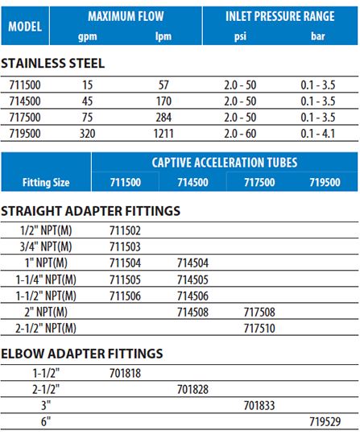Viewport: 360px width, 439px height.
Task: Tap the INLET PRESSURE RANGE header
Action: point(276,16)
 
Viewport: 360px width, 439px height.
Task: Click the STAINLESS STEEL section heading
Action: point(52,64)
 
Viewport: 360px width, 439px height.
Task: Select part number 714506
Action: point(192,295)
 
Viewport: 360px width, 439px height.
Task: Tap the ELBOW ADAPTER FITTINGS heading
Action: point(82,354)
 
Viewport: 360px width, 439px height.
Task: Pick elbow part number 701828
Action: point(192,388)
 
